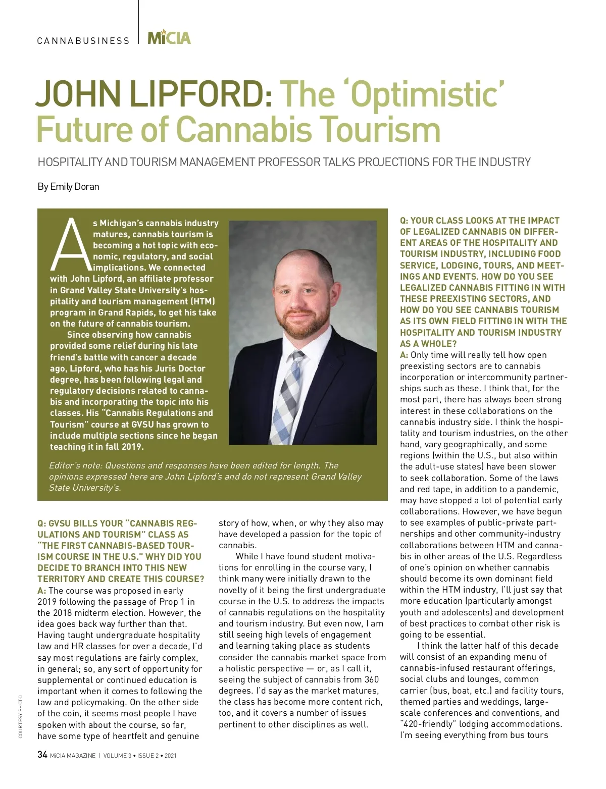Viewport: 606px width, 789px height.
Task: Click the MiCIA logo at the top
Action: [x=169, y=38]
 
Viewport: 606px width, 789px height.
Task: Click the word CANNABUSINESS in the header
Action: [x=83, y=41]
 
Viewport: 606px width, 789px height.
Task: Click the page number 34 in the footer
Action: [x=42, y=755]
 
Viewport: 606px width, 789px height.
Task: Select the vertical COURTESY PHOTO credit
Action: [x=20, y=716]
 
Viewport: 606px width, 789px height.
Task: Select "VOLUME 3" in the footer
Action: [x=115, y=756]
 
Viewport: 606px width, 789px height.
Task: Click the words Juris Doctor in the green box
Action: [x=180, y=369]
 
